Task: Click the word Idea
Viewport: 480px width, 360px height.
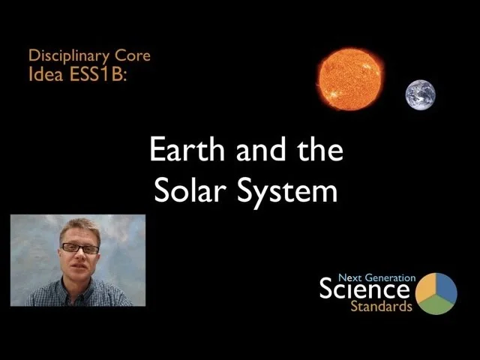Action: [x=43, y=73]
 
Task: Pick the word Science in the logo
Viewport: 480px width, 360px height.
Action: [x=364, y=289]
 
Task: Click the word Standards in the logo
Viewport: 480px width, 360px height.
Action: [x=381, y=307]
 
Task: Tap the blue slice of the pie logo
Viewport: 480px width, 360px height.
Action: [x=446, y=287]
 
